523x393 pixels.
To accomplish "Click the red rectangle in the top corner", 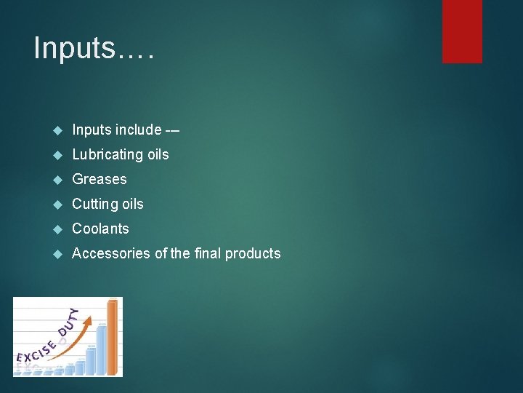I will [x=462, y=31].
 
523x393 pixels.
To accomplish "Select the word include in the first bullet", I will [x=138, y=130].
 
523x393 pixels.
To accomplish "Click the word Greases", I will [x=100, y=179].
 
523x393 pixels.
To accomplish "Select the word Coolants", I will [x=101, y=229].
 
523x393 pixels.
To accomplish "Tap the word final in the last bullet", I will [x=203, y=253].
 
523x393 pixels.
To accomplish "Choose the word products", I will [x=253, y=254].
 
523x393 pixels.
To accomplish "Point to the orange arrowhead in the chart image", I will [x=90, y=319].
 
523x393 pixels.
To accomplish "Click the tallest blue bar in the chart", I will [x=102, y=348].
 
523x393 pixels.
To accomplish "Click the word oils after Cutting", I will [x=131, y=205].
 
